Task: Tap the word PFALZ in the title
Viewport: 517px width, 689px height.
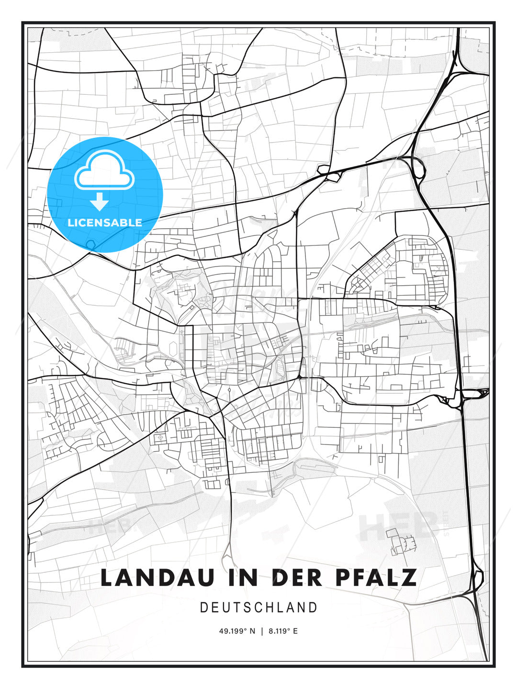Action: pyautogui.click(x=376, y=578)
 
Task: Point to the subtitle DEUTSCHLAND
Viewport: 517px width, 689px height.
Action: pyautogui.click(x=258, y=608)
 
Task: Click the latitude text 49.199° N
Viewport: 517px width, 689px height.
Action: pyautogui.click(x=237, y=631)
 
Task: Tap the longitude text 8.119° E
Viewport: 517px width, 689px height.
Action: pyautogui.click(x=283, y=631)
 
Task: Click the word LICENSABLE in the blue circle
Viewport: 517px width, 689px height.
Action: pyautogui.click(x=105, y=222)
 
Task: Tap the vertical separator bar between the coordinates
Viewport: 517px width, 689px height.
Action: pyautogui.click(x=261, y=631)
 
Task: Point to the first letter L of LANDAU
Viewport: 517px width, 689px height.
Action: pyautogui.click(x=107, y=578)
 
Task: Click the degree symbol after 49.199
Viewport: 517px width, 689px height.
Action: pyautogui.click(x=246, y=630)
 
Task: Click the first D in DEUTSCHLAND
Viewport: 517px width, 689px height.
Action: pyautogui.click(x=203, y=608)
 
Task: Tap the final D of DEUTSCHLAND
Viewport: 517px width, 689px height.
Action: pyautogui.click(x=314, y=608)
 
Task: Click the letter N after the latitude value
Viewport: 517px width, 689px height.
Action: pyautogui.click(x=252, y=631)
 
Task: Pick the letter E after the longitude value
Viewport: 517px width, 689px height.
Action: pyautogui.click(x=295, y=631)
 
